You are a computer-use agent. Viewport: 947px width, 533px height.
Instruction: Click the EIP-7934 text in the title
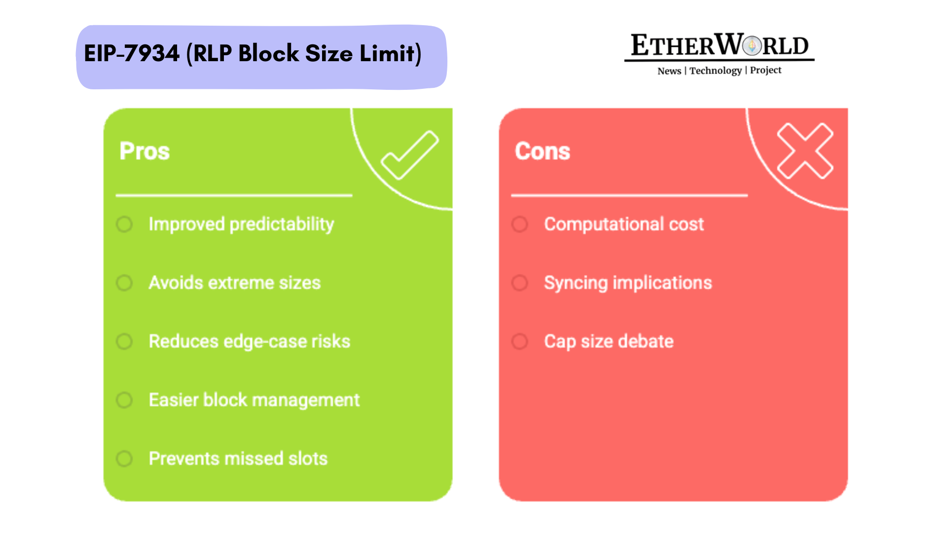click(132, 53)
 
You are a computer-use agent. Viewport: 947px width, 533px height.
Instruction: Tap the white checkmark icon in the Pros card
click(409, 155)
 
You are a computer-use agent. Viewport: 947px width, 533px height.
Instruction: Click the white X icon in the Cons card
click(805, 151)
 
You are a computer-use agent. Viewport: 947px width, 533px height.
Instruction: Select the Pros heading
click(145, 151)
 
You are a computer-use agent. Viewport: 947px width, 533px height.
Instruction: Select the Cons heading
click(543, 151)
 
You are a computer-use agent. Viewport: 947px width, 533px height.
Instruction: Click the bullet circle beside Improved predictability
click(124, 225)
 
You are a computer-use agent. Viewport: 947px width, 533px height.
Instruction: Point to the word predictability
click(282, 225)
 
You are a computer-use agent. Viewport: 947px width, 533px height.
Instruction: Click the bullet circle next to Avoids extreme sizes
click(124, 283)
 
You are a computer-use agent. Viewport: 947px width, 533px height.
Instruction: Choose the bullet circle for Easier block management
click(124, 400)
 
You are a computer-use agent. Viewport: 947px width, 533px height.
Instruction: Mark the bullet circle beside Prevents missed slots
click(124, 458)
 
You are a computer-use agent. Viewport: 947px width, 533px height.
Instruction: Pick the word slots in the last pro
click(308, 458)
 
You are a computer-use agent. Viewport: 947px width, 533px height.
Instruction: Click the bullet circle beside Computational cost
click(520, 225)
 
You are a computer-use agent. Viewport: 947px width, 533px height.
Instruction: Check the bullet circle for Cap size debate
click(520, 342)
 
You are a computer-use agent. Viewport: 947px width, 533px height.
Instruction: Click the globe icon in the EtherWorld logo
click(752, 46)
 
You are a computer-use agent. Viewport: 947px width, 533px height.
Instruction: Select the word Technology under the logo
click(715, 71)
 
